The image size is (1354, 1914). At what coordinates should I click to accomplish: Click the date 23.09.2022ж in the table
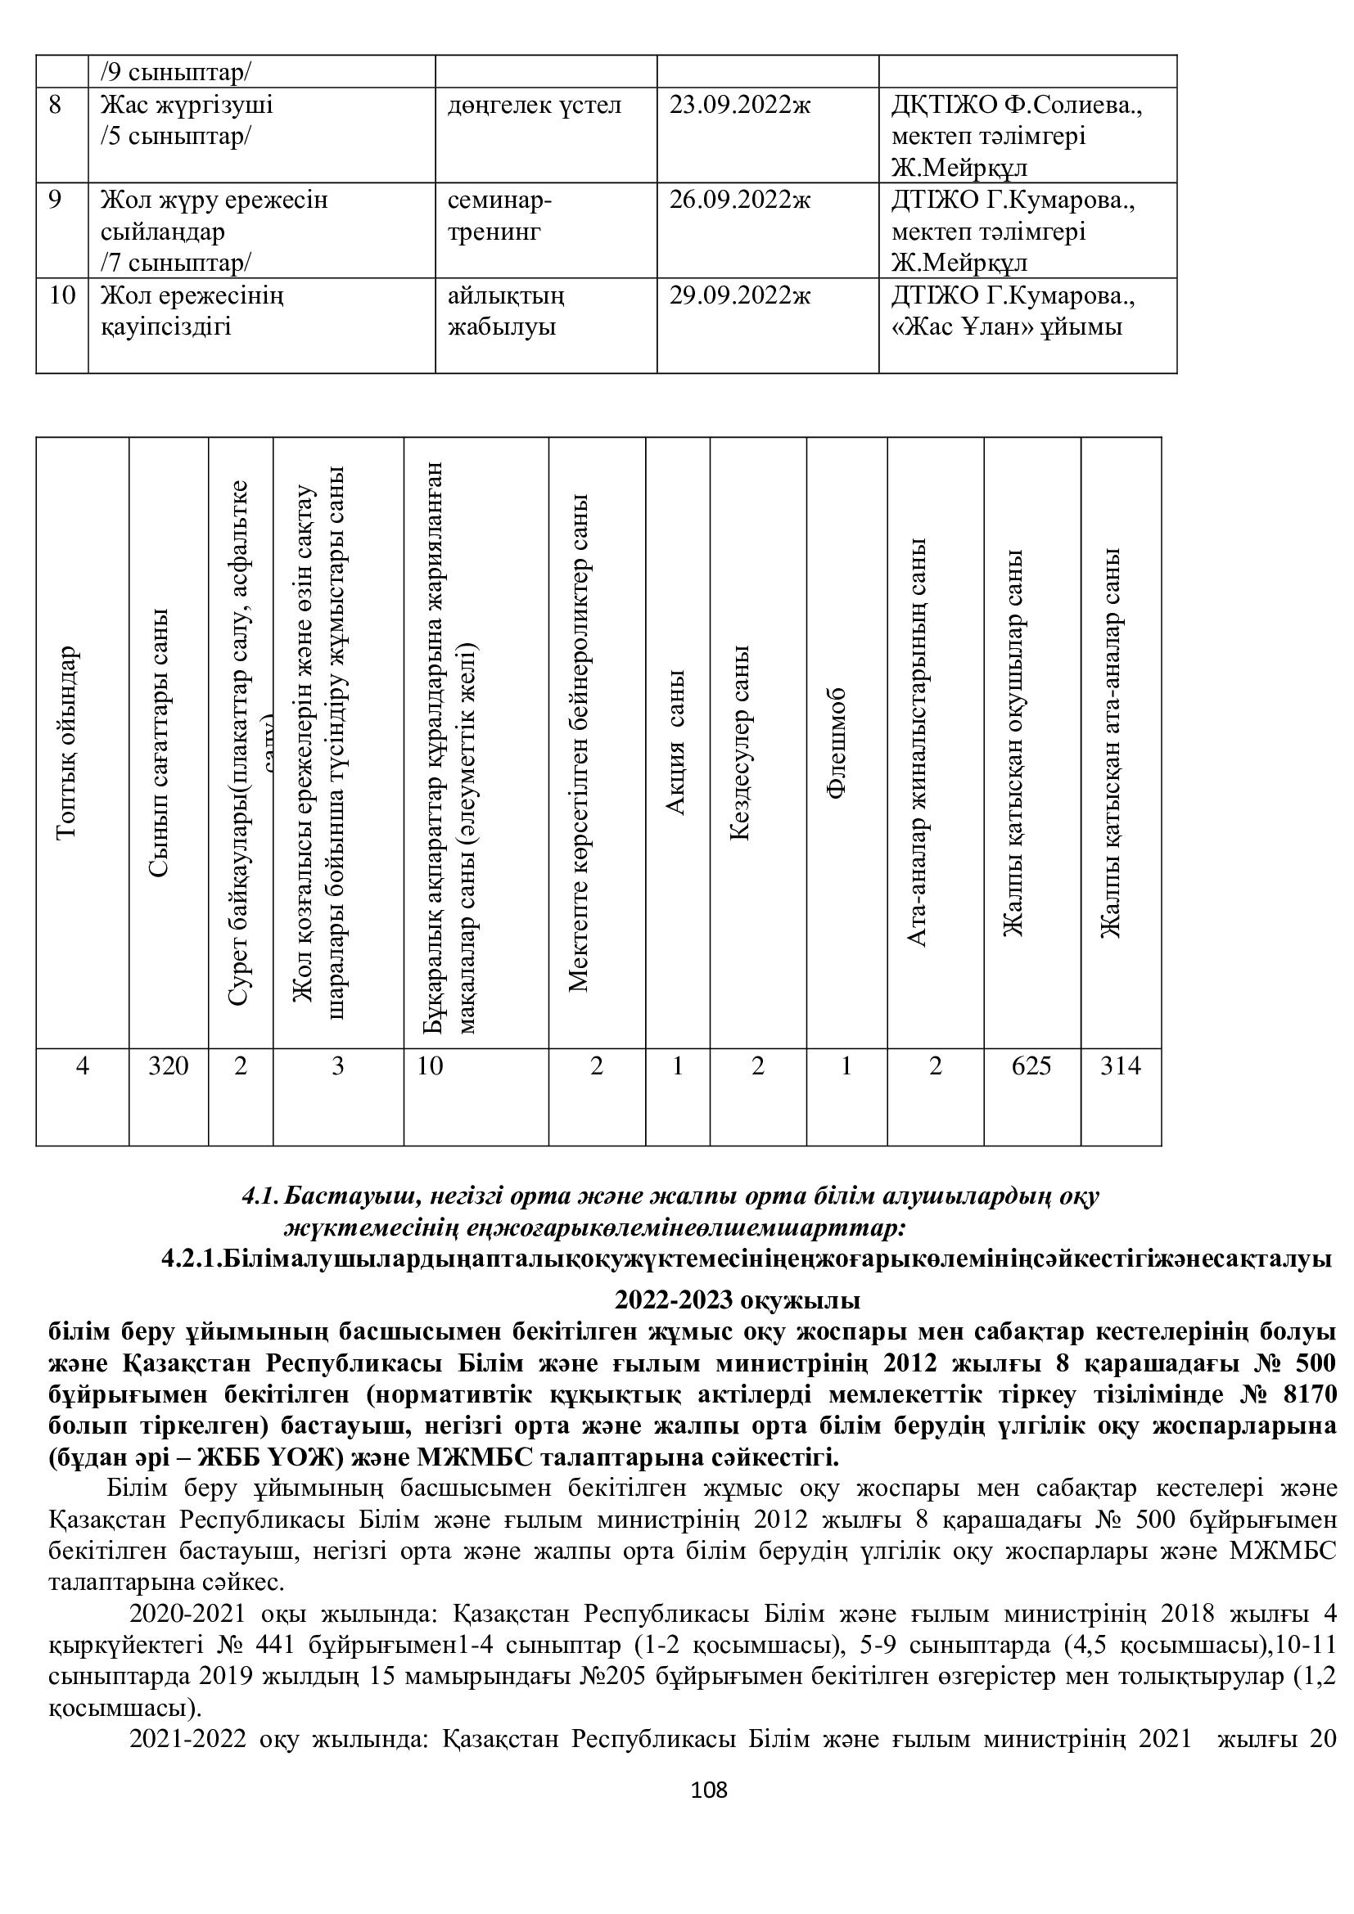click(x=739, y=106)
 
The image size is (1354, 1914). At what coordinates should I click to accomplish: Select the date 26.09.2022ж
click(x=739, y=201)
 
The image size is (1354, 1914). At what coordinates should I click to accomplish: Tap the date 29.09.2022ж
click(x=739, y=296)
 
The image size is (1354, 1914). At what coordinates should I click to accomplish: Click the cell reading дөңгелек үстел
click(x=535, y=106)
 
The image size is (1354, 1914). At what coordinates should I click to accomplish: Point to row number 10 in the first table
click(x=61, y=296)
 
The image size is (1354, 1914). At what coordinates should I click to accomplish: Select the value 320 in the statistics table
click(x=169, y=1066)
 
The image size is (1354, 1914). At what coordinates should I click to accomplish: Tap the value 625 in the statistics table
click(x=1031, y=1066)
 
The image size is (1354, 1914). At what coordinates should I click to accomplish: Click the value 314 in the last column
click(x=1120, y=1066)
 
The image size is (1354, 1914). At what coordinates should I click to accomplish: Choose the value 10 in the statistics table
click(x=431, y=1066)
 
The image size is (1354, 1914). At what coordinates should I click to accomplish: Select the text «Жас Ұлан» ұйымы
click(x=1007, y=327)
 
